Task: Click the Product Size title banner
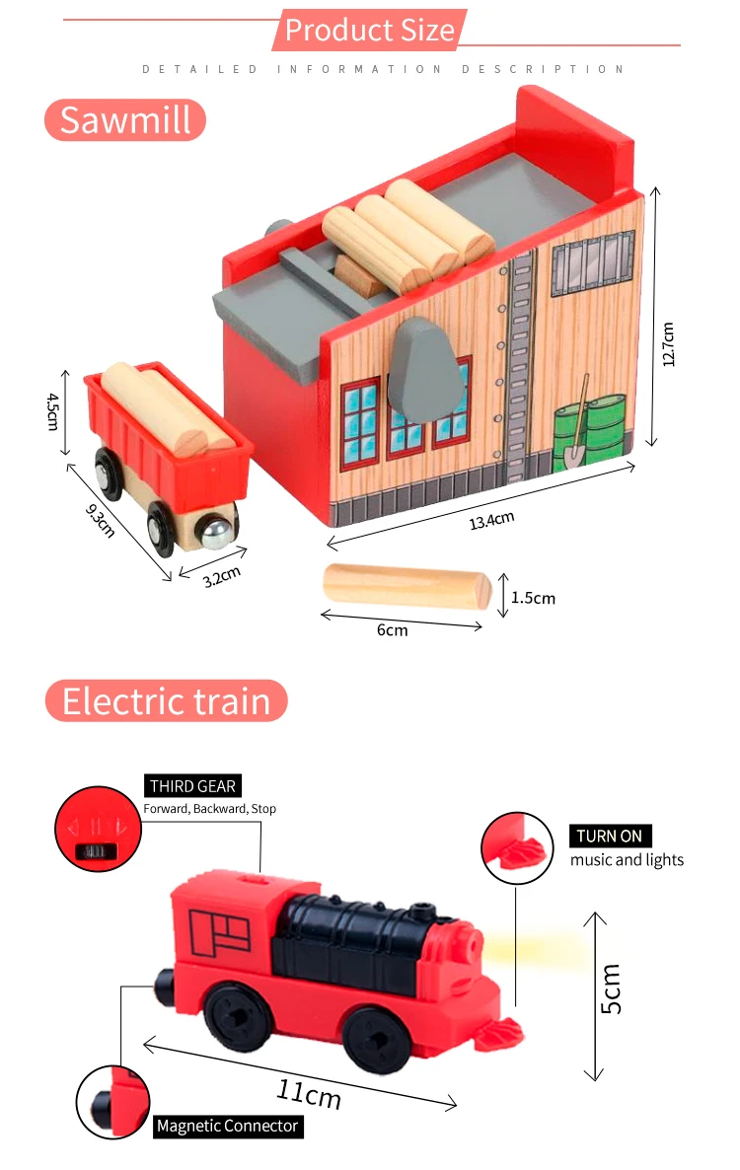click(369, 30)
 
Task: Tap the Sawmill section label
click(124, 119)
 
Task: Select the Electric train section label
click(166, 700)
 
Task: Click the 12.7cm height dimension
click(668, 344)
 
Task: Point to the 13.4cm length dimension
click(491, 520)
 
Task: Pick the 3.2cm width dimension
click(222, 577)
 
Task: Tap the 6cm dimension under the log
click(392, 629)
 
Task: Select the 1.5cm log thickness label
click(533, 598)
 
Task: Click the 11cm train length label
click(308, 1093)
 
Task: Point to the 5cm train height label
click(612, 988)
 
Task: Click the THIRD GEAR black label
click(192, 786)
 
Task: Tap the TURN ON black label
click(610, 836)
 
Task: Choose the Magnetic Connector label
click(227, 1126)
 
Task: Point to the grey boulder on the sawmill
click(426, 367)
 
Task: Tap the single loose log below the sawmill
click(407, 587)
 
